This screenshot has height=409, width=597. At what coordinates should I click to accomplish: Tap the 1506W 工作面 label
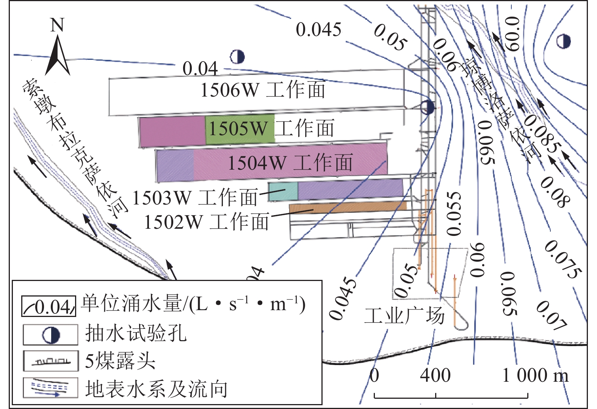(262, 90)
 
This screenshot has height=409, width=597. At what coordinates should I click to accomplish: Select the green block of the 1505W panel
(240, 129)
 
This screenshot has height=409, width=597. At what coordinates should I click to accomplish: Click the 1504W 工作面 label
(290, 163)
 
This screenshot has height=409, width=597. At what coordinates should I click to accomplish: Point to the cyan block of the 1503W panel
(283, 191)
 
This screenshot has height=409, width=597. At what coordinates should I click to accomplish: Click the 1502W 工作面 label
(207, 222)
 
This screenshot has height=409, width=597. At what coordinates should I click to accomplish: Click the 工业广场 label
(404, 315)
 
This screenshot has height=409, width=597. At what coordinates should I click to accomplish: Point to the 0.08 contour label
(555, 192)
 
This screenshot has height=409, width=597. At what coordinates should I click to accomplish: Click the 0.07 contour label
(552, 314)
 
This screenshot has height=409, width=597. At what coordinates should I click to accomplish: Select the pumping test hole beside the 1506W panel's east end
(427, 107)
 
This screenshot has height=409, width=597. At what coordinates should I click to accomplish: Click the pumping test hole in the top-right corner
(564, 41)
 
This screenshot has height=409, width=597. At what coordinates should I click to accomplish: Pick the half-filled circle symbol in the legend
(51, 335)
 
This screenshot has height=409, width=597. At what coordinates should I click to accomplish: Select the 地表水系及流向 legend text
(156, 389)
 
